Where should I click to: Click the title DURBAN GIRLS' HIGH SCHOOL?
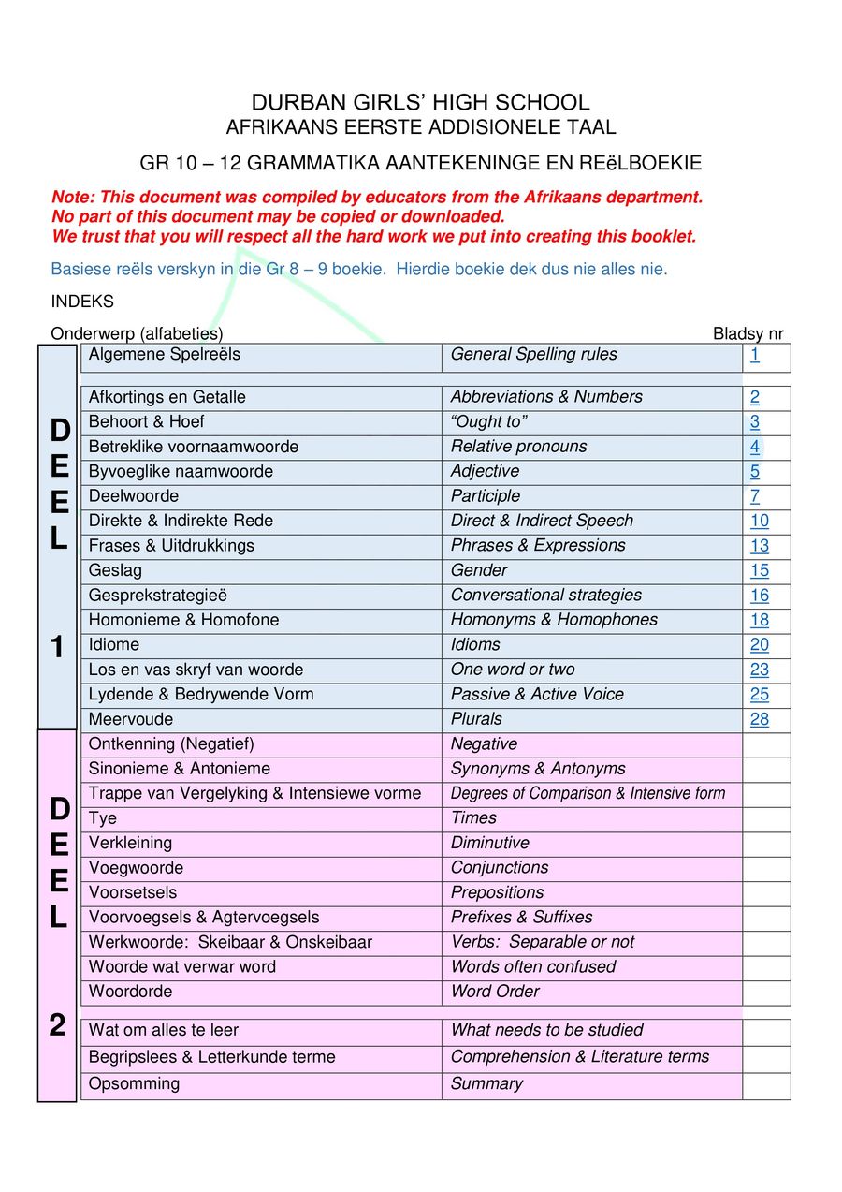click(x=420, y=103)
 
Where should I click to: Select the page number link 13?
click(x=759, y=546)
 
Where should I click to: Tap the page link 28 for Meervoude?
click(x=759, y=719)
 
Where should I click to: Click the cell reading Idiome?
click(x=114, y=645)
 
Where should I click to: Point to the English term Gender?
click(x=479, y=570)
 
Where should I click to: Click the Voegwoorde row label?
click(x=136, y=868)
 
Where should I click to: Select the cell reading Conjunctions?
click(x=500, y=868)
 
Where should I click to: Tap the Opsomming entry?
click(x=134, y=1084)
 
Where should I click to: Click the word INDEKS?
click(x=82, y=302)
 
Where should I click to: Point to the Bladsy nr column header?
click(x=748, y=334)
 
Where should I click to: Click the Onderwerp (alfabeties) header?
click(x=137, y=334)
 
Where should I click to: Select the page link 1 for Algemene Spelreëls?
click(x=754, y=355)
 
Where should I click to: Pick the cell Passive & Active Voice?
click(x=537, y=695)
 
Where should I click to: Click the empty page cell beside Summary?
click(x=765, y=1085)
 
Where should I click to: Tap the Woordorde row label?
click(x=130, y=992)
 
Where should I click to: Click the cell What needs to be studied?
click(x=547, y=1030)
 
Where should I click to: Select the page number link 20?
click(x=759, y=645)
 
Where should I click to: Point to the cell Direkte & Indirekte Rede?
click(x=181, y=521)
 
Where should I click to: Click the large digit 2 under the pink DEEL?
click(x=57, y=1026)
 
